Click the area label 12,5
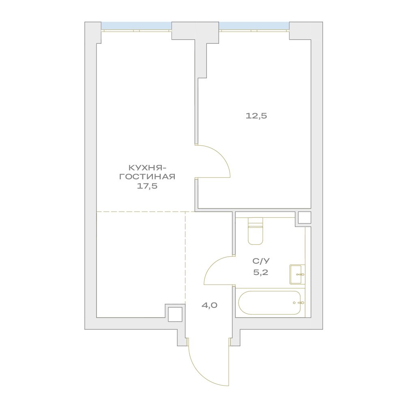pos(256,116)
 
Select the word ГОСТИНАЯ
pos(147,177)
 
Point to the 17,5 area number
pos(147,186)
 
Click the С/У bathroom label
pos(261,261)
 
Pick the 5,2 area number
pos(261,273)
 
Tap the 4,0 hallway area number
pos(209,305)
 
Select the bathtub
pos(270,303)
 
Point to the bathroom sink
pos(297,275)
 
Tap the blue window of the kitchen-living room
pos(136,26)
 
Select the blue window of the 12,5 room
pos(254,26)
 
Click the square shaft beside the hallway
pos(175,314)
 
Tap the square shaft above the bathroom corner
pos(304,217)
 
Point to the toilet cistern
pos(255,221)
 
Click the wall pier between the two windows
pos(195,30)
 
